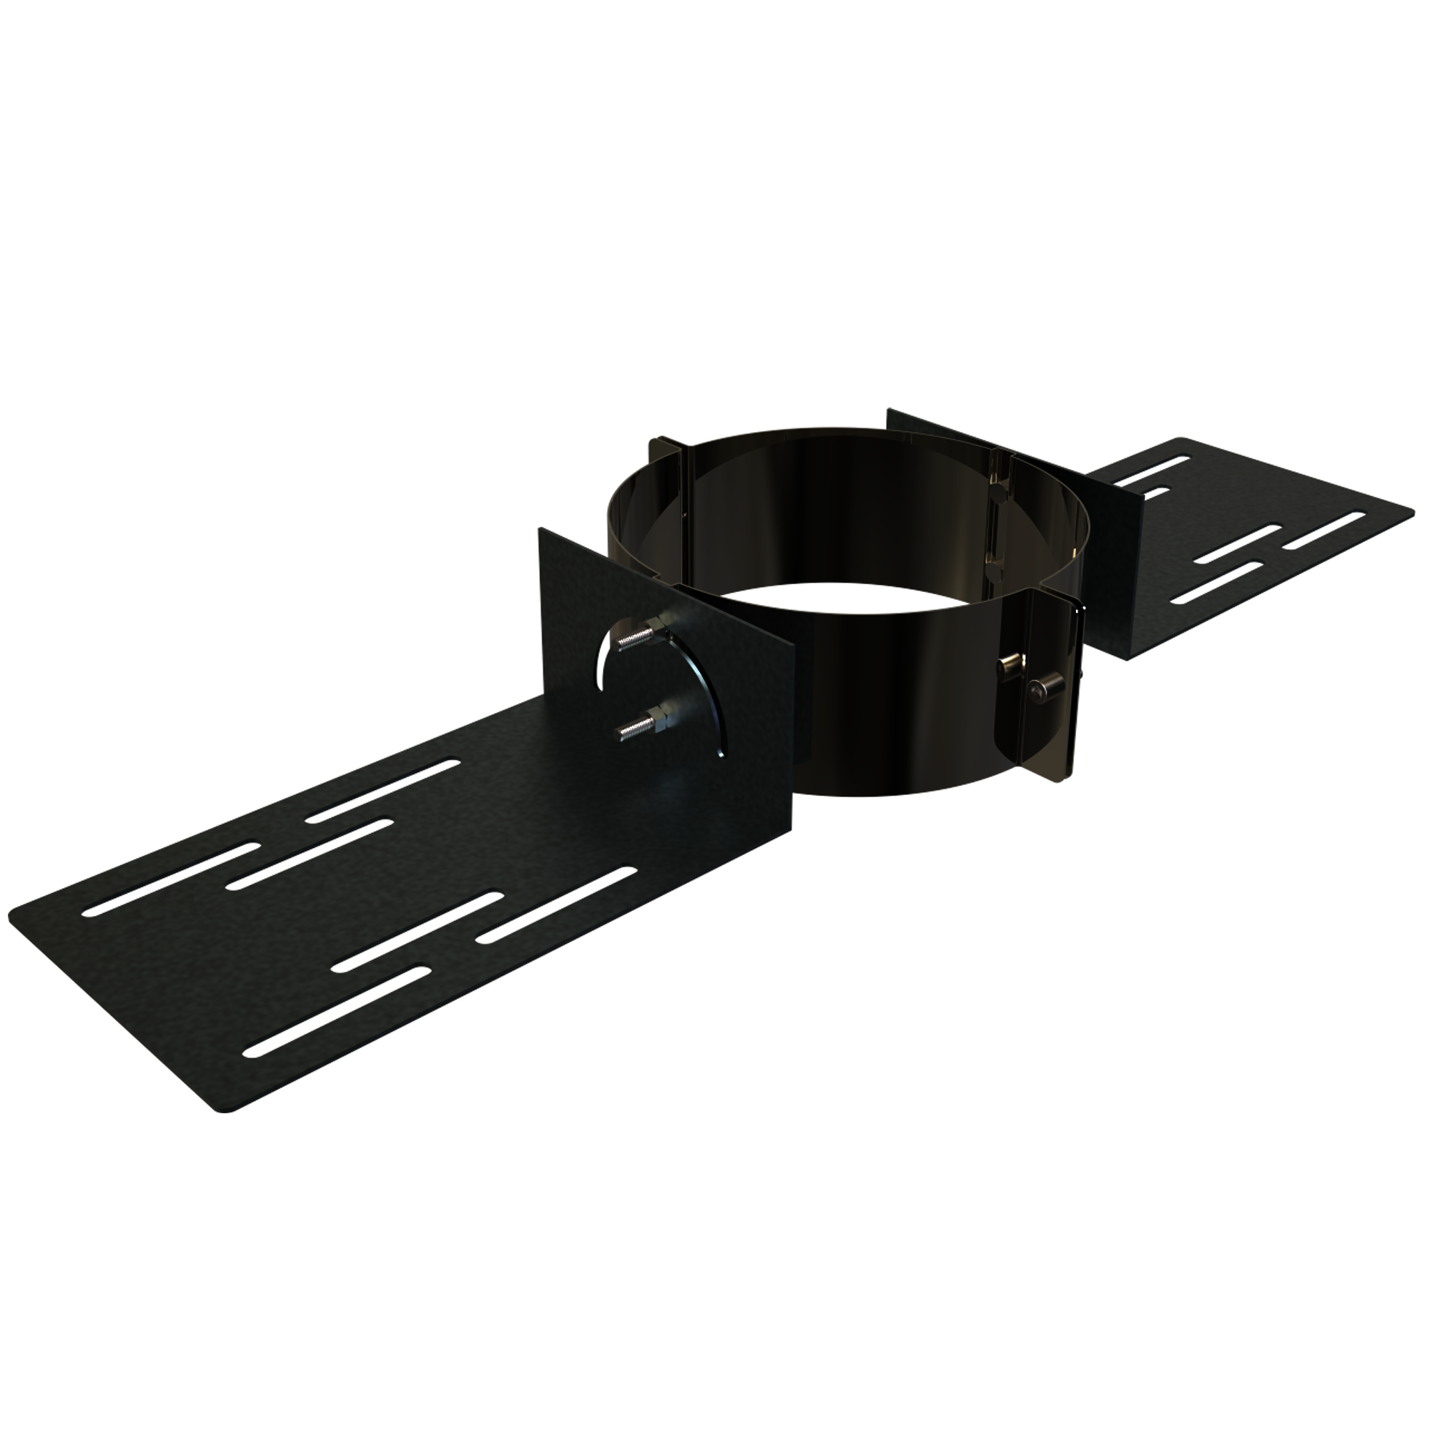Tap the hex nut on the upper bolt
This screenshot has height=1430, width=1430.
point(654,631)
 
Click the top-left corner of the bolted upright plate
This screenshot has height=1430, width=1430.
point(543,531)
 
